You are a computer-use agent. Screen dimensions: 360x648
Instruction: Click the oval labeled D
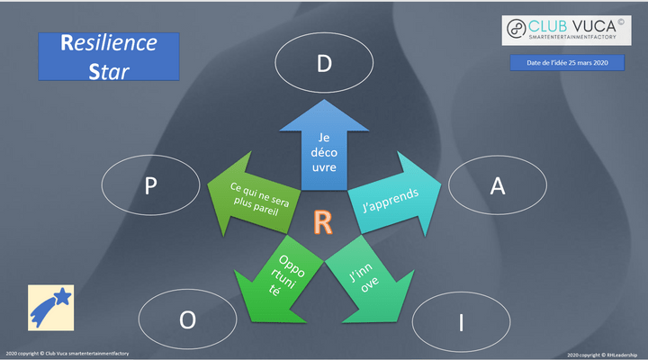323,64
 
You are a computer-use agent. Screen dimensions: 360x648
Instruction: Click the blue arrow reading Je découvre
323,149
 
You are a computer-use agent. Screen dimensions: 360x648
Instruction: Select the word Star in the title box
109,68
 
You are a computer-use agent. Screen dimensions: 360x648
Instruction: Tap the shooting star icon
50,307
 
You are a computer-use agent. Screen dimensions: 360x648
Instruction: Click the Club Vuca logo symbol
517,28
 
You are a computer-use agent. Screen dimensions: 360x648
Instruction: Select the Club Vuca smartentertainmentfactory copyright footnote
67,354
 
